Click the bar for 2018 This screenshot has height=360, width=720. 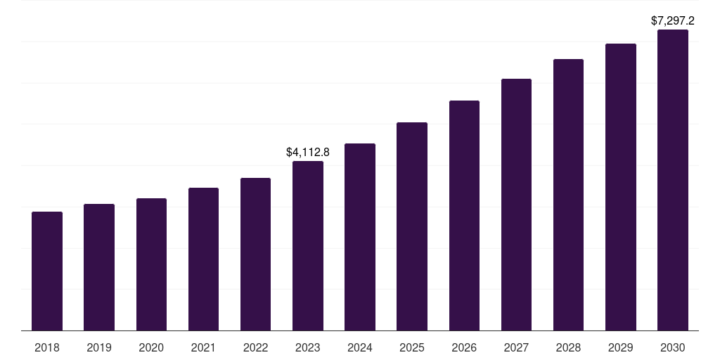pos(47,271)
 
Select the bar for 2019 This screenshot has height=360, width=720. pos(99,267)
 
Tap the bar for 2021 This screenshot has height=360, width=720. pos(203,259)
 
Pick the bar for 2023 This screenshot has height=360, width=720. pos(308,245)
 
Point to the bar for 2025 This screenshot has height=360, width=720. pos(412,226)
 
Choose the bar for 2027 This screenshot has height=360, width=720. pos(516,205)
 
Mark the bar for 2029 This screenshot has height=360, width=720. pos(621,187)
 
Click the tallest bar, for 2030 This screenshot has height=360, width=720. pos(673,180)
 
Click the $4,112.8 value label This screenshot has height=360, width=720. pos(308,152)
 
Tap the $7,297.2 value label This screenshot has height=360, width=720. pos(673,20)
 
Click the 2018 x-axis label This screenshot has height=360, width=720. pos(47,347)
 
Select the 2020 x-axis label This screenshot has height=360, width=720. pos(151,347)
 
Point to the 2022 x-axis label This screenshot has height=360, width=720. pos(255,347)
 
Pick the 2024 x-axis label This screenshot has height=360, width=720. pos(360,347)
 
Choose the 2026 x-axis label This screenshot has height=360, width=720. pos(464,347)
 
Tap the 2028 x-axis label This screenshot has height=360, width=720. pos(568,347)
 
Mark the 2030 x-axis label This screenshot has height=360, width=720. pos(673,347)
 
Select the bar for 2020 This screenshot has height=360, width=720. pos(151,264)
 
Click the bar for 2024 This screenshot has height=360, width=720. pos(360,237)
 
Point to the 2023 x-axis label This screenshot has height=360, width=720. pos(308,347)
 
